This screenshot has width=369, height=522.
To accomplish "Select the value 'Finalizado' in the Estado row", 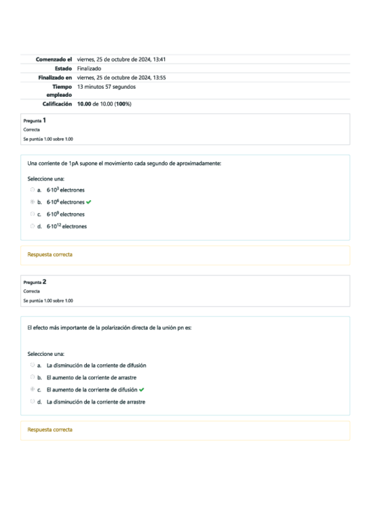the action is (89, 68).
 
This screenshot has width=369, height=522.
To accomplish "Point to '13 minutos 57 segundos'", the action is (107, 87).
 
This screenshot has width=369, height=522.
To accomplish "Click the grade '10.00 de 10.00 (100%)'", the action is (104, 104).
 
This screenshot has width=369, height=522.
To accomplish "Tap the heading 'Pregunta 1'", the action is (34, 121).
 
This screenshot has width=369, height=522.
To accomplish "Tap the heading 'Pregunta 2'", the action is (34, 282).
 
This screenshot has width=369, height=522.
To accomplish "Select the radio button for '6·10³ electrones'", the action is (32, 190).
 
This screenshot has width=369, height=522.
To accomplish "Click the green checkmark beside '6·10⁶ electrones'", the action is (90, 202).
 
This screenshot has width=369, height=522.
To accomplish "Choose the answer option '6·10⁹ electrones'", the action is (65, 214).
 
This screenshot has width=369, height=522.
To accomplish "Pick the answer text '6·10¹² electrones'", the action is (67, 226).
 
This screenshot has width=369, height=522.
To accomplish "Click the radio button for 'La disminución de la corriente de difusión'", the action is (32, 365).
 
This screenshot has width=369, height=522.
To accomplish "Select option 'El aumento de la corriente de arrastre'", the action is (91, 377).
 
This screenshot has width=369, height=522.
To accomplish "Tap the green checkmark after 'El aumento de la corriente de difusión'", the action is (142, 390).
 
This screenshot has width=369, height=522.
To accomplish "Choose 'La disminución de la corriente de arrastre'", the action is (95, 402).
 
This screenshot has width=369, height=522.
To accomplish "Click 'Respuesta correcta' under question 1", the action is (50, 254).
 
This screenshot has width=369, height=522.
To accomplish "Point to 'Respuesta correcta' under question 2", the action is (50, 430).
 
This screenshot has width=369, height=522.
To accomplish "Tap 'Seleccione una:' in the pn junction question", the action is (46, 354).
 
